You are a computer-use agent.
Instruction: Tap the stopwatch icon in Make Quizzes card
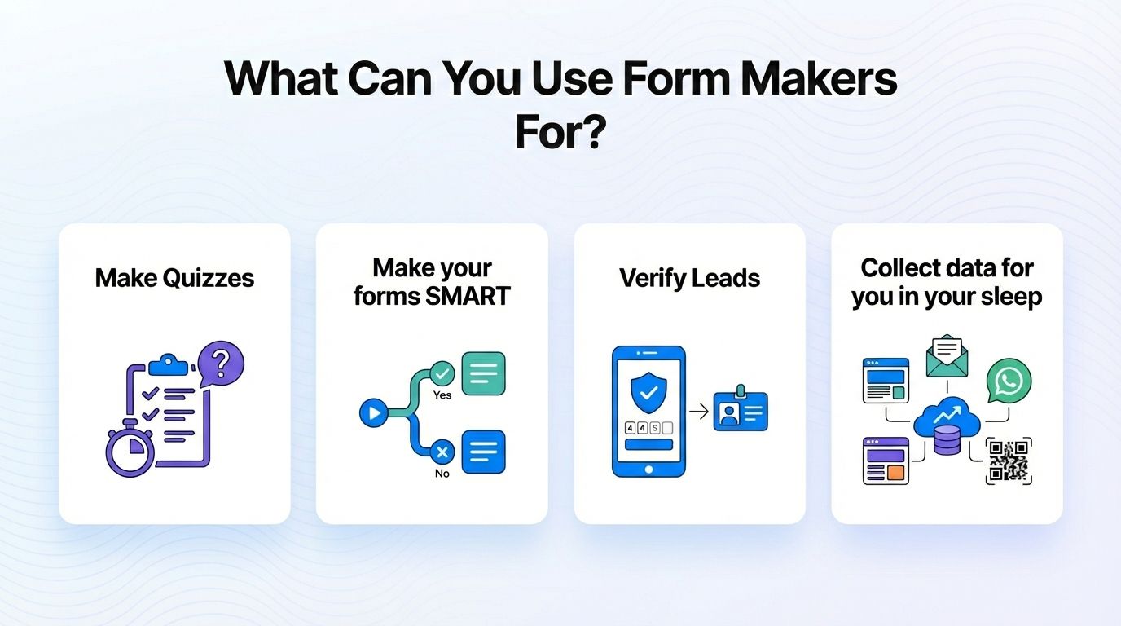click(128, 452)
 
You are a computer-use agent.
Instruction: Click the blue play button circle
click(373, 413)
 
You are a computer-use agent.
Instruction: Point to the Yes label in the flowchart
click(442, 395)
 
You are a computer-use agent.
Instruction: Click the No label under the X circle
click(442, 473)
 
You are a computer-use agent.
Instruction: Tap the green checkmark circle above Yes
click(442, 373)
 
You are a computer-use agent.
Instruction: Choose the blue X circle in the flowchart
click(442, 451)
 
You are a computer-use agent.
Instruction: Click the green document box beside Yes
click(483, 373)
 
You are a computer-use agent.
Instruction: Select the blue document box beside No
click(483, 452)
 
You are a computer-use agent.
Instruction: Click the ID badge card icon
click(741, 411)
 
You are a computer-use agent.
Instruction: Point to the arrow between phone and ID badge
click(698, 412)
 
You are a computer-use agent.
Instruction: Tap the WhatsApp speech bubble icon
click(1009, 381)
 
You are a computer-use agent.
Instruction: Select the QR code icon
click(1009, 461)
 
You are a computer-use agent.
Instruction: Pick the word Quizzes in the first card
click(209, 278)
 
